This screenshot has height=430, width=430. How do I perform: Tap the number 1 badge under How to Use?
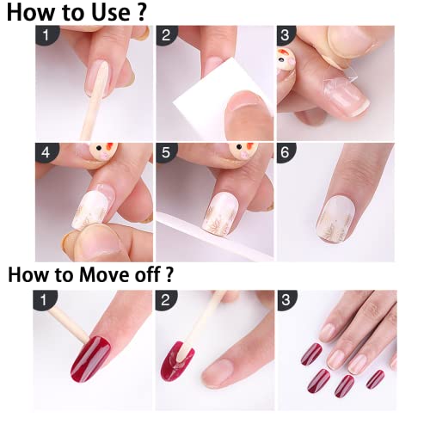(x=46, y=35)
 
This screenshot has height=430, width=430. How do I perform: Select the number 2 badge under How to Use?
(x=167, y=35)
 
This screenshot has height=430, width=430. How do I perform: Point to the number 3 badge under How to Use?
(x=286, y=35)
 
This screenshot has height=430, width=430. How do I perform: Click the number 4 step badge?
(x=46, y=152)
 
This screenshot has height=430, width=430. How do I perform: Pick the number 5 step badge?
(x=167, y=152)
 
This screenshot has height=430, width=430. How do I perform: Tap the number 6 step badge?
(x=286, y=152)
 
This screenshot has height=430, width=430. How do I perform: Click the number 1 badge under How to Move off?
(x=45, y=300)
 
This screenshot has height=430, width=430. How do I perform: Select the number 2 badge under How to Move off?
(x=166, y=300)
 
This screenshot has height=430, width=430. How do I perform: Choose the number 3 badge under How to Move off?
(x=286, y=300)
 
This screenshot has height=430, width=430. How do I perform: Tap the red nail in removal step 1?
(x=90, y=359)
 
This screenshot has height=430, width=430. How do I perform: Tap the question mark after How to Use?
(x=142, y=12)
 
